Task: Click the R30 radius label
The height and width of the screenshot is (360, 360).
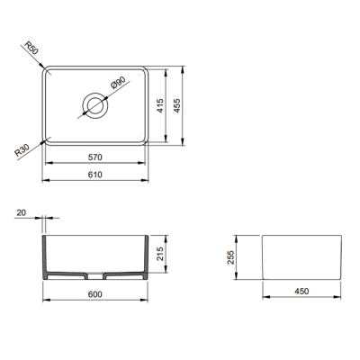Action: pos(25,149)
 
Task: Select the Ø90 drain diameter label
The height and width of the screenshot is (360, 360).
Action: pos(117,85)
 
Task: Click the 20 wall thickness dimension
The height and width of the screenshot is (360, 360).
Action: pos(22,212)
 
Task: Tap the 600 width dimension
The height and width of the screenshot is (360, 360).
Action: pos(94,294)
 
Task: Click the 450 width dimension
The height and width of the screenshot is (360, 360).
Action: pos(301,291)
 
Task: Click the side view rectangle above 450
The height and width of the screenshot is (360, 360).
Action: pos(301,256)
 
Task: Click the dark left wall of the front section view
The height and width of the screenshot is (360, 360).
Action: pos(47,261)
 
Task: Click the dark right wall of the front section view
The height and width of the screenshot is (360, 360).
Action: pos(143,261)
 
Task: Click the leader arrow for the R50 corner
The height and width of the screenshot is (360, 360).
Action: pos(40,58)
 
